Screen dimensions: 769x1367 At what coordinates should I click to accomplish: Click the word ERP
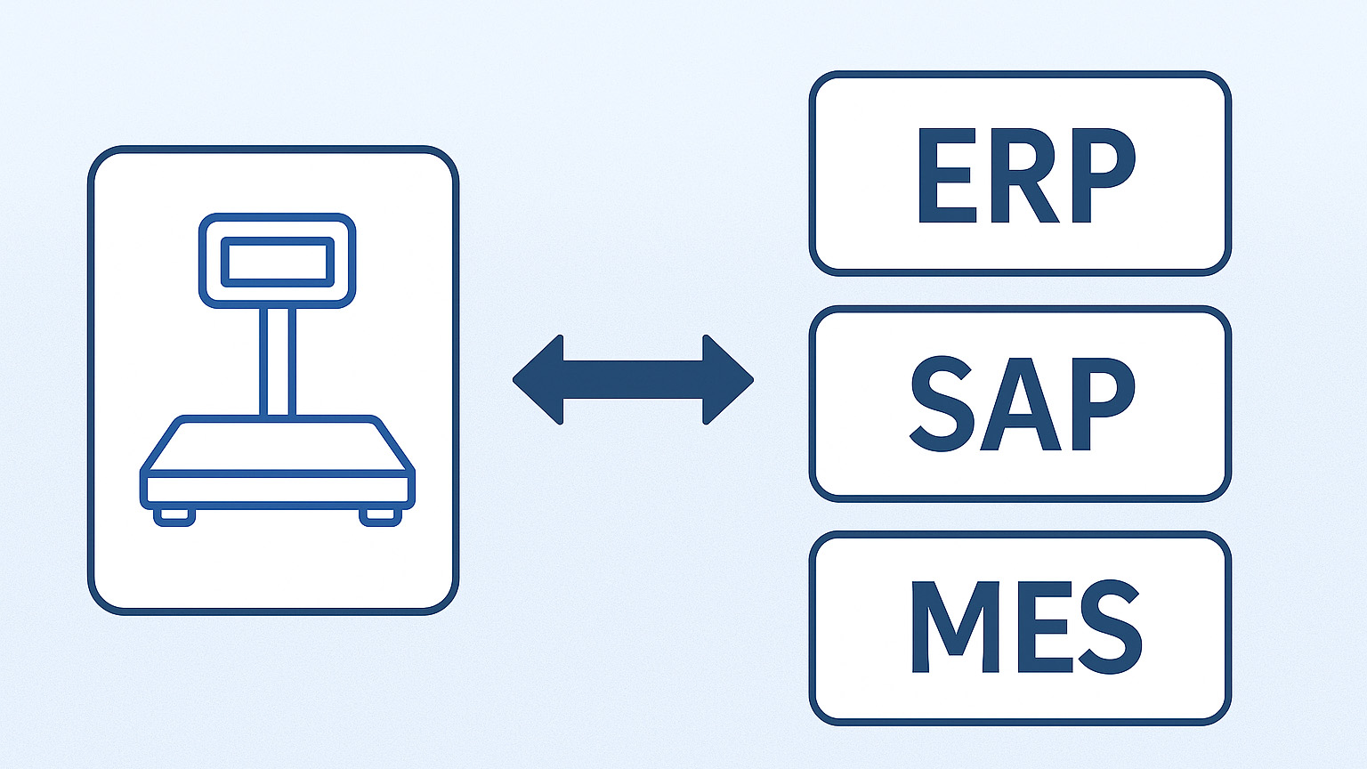[x=1024, y=175]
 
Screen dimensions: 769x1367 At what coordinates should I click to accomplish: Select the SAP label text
[x=1022, y=404]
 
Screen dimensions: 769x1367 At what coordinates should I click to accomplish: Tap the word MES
[x=1025, y=627]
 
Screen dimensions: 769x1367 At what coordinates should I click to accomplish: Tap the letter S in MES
[x=1109, y=627]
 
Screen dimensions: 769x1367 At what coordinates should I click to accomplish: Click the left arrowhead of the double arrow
[x=539, y=380]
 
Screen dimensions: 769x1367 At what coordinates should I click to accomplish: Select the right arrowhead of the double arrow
[x=727, y=380]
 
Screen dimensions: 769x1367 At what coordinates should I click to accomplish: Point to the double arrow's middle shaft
[x=633, y=380]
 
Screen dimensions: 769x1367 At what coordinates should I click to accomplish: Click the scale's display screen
[x=277, y=262]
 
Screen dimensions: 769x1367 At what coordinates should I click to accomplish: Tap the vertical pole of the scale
[x=277, y=361]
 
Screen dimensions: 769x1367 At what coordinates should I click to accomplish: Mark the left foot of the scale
[x=174, y=515]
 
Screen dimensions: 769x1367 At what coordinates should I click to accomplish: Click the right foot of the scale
[x=381, y=515]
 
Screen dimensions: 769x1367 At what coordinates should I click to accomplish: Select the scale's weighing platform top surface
[x=277, y=445]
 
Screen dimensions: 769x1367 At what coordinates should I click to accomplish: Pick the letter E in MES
[x=1033, y=627]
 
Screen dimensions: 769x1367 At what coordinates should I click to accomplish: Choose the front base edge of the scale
[x=277, y=490]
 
